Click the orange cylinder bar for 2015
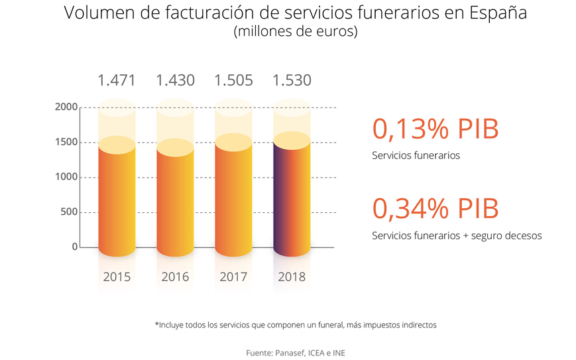click(x=117, y=199)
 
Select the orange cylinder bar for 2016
click(x=175, y=200)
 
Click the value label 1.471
click(x=117, y=81)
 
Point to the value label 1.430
click(x=175, y=81)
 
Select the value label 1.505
click(x=233, y=81)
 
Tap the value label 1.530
click(x=292, y=81)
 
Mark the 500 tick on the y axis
click(x=68, y=212)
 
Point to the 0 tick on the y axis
click(x=74, y=247)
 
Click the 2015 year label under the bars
click(x=117, y=276)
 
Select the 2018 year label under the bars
click(x=292, y=276)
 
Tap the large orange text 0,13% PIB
click(x=435, y=129)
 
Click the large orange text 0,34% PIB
click(x=435, y=209)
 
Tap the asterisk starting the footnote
click(x=157, y=324)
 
